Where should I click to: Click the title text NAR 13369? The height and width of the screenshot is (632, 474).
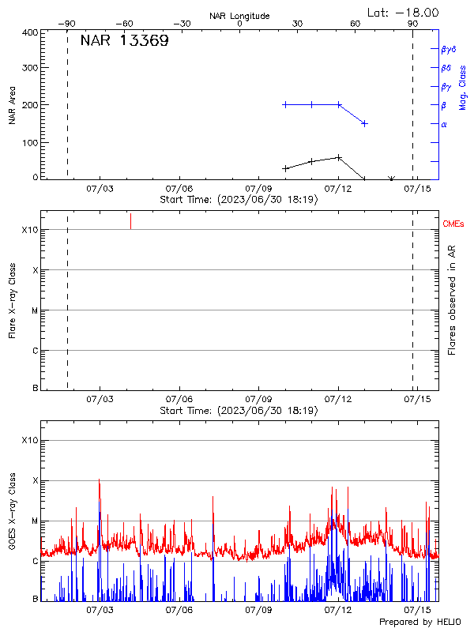pyautogui.click(x=124, y=41)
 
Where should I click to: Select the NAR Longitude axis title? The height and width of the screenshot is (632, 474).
pyautogui.click(x=239, y=16)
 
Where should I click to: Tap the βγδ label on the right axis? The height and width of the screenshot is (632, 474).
pyautogui.click(x=449, y=49)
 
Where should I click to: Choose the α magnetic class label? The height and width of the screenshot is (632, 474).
pyautogui.click(x=444, y=125)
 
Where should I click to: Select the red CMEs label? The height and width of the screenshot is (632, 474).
pyautogui.click(x=454, y=224)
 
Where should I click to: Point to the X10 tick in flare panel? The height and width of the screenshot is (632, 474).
pyautogui.click(x=30, y=230)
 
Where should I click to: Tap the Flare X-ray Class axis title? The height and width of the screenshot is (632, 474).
pyautogui.click(x=12, y=300)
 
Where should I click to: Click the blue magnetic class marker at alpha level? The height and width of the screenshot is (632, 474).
pyautogui.click(x=364, y=123)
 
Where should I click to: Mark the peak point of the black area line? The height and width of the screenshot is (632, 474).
pyautogui.click(x=339, y=157)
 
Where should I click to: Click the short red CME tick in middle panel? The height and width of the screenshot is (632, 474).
pyautogui.click(x=130, y=221)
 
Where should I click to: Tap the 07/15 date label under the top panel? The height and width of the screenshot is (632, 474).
pyautogui.click(x=417, y=189)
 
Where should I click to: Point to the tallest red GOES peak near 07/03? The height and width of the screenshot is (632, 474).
pyautogui.click(x=99, y=480)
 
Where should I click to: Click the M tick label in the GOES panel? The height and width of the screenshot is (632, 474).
pyautogui.click(x=35, y=521)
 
